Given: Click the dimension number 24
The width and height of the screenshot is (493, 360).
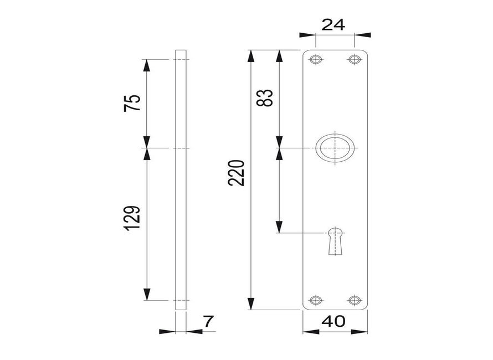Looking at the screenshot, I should tap(335, 24).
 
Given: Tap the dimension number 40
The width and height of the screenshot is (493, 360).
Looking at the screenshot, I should tap(334, 321).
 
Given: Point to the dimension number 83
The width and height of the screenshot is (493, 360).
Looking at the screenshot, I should tap(266, 98).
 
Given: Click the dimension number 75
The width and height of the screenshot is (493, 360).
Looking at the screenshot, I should tap(132, 104).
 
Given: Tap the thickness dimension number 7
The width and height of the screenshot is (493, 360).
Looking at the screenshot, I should tap(208, 321).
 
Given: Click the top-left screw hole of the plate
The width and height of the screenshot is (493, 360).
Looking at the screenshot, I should tap(316, 59).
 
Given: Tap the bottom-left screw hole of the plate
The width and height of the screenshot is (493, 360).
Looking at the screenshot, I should tap(316, 300).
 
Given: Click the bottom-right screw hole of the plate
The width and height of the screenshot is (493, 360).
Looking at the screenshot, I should tap(353, 300).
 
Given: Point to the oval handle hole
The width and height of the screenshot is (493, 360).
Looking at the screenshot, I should tap(335, 148).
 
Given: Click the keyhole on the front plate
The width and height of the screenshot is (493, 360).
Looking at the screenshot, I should tap(335, 240).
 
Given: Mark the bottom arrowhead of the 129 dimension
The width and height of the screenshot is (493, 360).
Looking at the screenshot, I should tap(147, 294).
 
